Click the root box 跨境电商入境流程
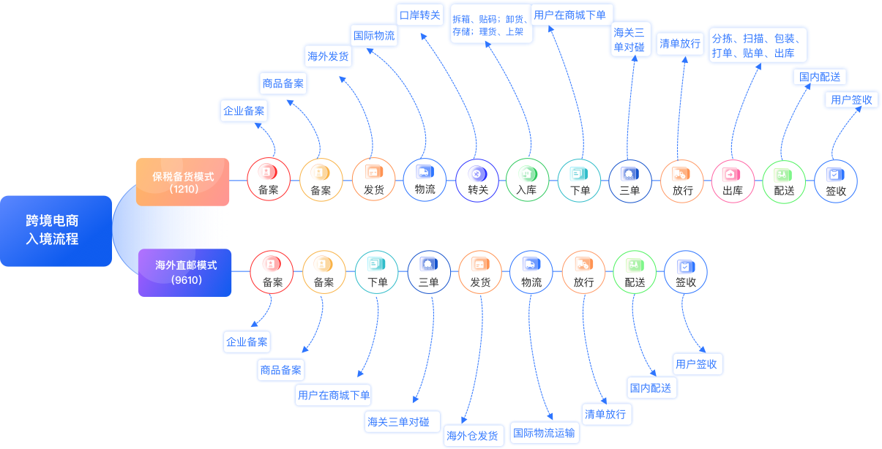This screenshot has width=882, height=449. [56, 230]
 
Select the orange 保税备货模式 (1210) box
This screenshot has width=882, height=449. [182, 181]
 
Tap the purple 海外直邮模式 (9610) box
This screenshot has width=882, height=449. [185, 272]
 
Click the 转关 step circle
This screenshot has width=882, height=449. [478, 180]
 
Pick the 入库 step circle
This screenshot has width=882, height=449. [527, 180]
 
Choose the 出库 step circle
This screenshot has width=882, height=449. [733, 180]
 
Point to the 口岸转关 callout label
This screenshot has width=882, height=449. [420, 15]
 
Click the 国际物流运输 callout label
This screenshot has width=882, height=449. [544, 432]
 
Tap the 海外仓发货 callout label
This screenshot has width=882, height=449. [473, 436]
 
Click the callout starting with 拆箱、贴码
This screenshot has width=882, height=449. [490, 26]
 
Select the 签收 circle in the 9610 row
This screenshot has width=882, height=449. [686, 272]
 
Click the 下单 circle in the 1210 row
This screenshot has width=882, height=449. [579, 180]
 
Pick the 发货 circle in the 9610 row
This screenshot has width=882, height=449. [480, 272]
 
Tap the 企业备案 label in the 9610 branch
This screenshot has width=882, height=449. [247, 342]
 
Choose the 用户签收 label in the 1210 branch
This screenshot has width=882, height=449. [852, 100]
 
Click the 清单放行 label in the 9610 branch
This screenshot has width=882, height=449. [606, 414]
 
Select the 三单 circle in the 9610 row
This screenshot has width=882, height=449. [429, 272]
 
